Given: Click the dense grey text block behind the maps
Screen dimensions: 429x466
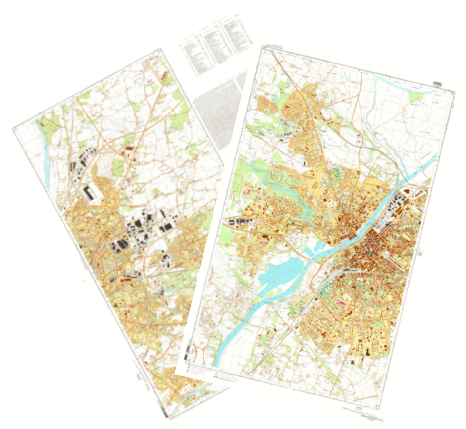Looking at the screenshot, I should click(x=216, y=119).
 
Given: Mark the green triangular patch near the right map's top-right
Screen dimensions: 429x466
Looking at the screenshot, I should click(x=416, y=95).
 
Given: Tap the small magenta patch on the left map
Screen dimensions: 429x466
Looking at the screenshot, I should click(x=130, y=181).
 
